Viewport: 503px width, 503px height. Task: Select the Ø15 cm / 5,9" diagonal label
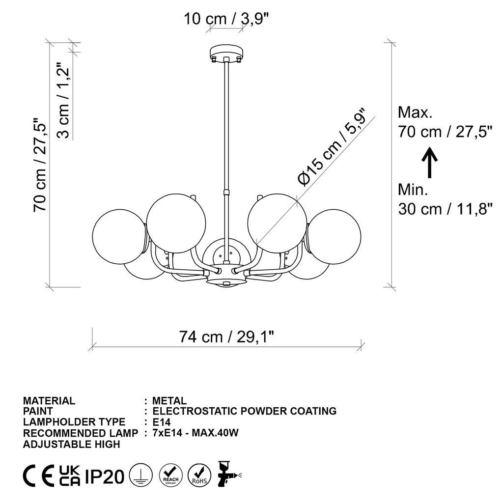point(333,147)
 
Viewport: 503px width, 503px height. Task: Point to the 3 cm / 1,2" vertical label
point(64,100)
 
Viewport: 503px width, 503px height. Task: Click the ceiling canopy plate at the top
point(226,51)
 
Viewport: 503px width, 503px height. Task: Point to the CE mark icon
point(39,476)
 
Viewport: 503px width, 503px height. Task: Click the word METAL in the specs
point(169,401)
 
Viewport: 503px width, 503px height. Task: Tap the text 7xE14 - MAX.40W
point(196,433)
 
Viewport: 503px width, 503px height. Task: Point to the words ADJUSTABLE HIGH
point(71,444)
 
